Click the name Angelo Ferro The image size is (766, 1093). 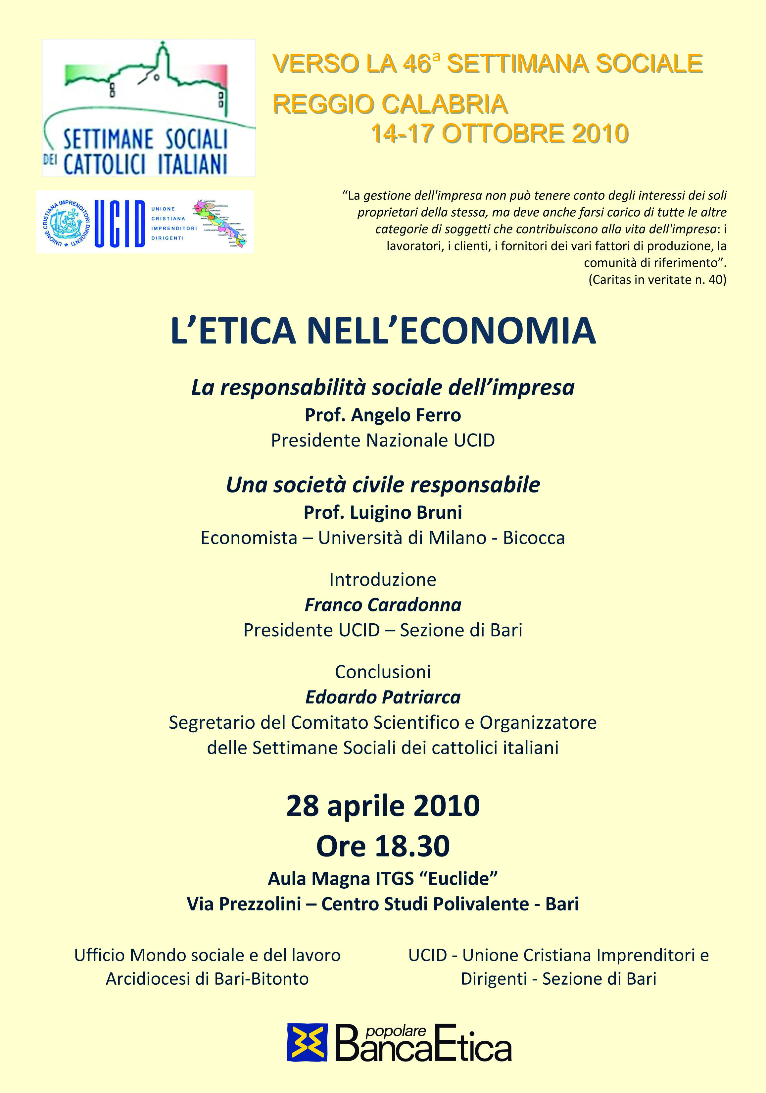406,415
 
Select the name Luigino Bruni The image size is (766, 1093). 406,513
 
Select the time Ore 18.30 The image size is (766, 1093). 383,846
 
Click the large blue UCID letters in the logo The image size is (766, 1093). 120,223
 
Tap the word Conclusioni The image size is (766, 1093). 383,672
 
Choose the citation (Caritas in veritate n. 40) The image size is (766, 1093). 657,280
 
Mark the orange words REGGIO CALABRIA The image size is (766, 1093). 390,104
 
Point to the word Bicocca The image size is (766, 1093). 534,538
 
